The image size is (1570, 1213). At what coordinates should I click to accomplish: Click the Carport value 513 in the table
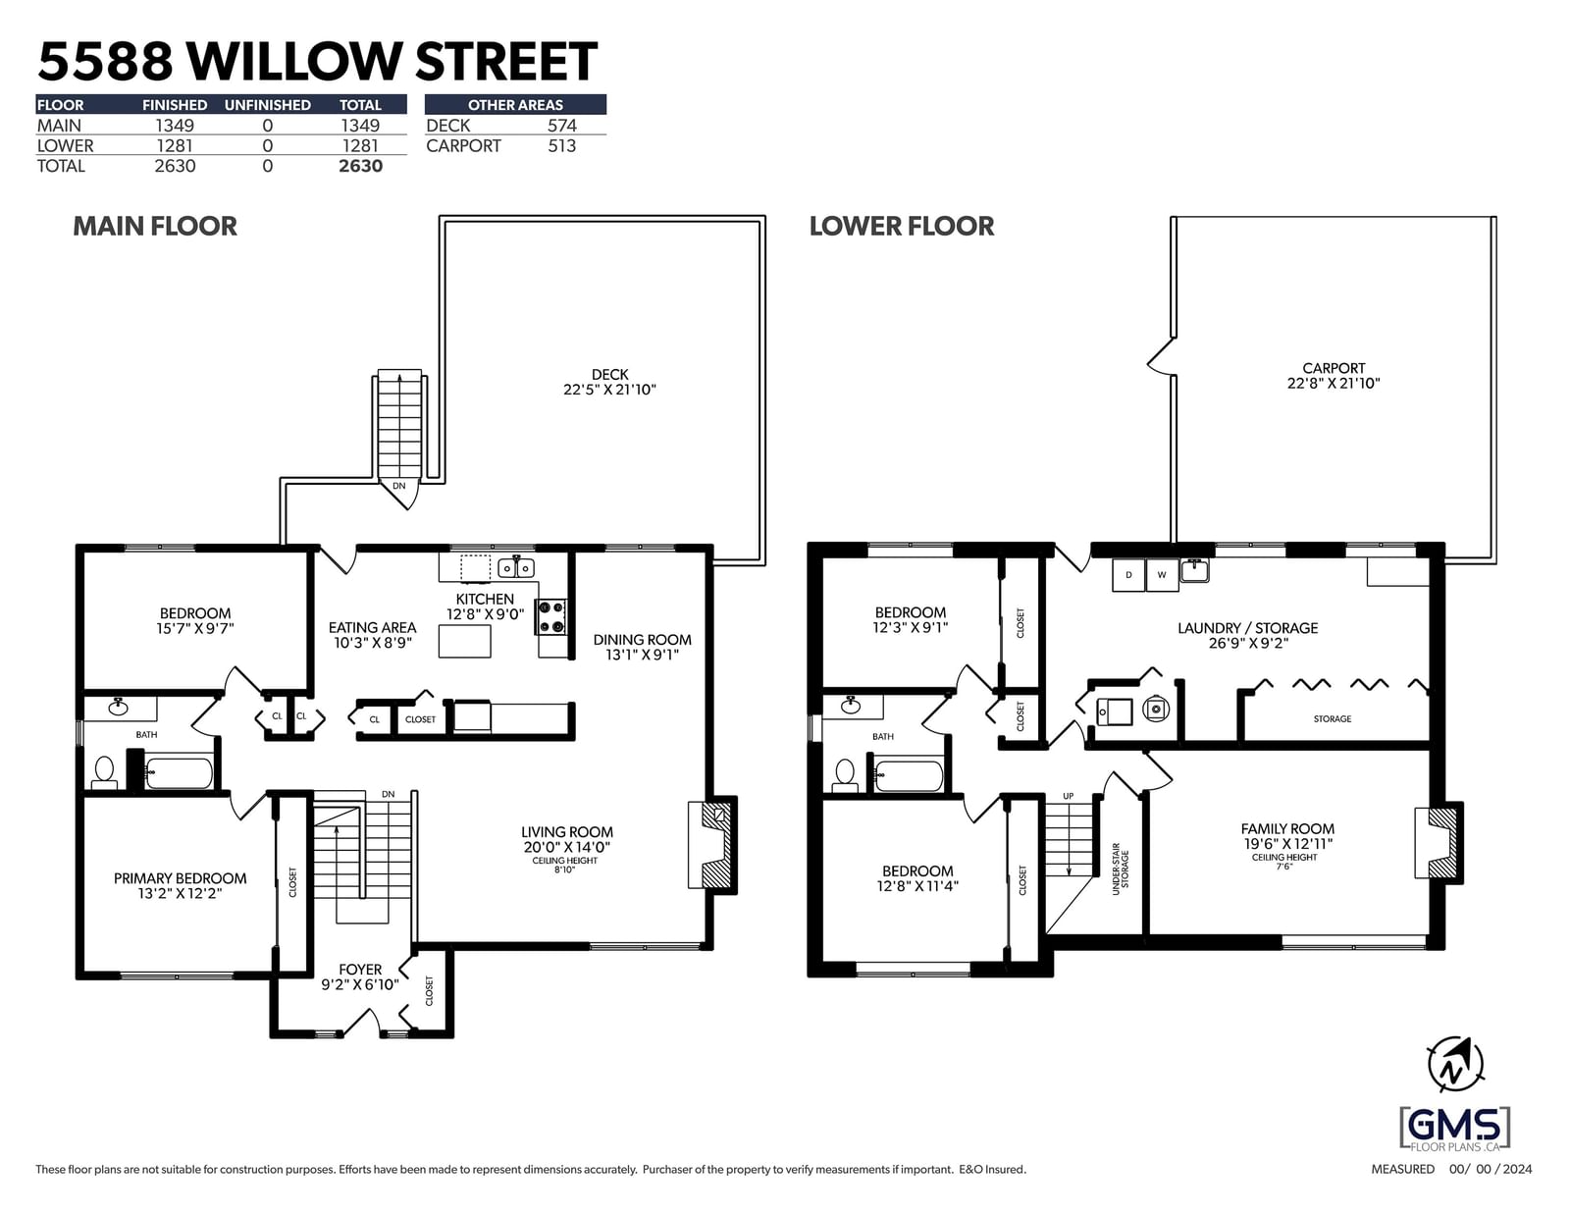[x=561, y=146]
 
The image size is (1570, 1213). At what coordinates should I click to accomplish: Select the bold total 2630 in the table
[x=360, y=166]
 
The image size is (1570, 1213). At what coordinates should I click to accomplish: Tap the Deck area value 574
[x=561, y=126]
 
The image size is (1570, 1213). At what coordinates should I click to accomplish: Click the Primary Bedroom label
[x=180, y=877]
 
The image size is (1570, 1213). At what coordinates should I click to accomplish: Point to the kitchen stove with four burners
[x=550, y=617]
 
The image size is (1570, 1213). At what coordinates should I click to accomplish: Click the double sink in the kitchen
[x=516, y=568]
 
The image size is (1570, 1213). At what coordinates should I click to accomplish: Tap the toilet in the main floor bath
[x=104, y=772]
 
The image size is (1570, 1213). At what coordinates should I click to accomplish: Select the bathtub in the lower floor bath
[x=909, y=776]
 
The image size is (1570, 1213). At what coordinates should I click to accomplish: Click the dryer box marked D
[x=1127, y=575]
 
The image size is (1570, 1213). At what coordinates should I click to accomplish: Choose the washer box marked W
[x=1162, y=575]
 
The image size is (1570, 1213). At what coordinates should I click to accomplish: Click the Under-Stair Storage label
[x=1121, y=870]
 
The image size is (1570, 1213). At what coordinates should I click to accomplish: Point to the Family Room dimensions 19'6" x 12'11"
[x=1286, y=844]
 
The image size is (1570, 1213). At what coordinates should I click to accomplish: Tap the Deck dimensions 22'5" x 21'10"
[x=609, y=390]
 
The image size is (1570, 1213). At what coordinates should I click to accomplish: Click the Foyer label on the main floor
[x=360, y=969]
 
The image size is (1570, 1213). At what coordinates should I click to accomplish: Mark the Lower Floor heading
[x=902, y=226]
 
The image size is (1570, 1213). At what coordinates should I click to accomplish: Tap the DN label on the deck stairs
[x=398, y=486]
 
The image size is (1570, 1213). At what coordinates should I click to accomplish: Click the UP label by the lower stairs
[x=1068, y=796]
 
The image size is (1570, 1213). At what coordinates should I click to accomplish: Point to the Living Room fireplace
[x=712, y=845]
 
